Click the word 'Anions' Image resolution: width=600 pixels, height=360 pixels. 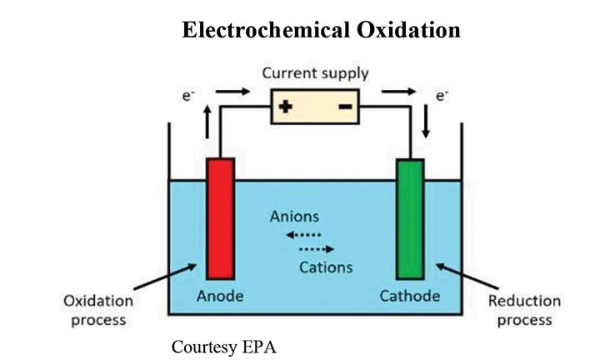coord(294,217)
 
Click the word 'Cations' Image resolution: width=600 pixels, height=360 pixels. coord(326,267)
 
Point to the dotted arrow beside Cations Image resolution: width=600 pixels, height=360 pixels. coord(316,249)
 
